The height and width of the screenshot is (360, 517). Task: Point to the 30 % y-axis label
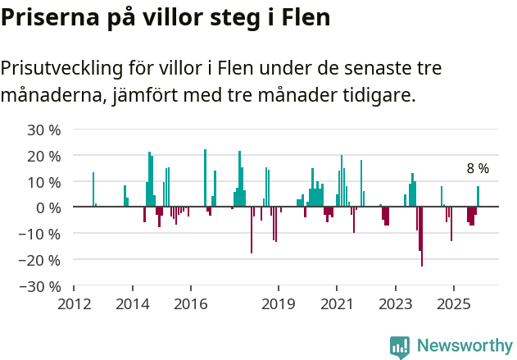[44, 130]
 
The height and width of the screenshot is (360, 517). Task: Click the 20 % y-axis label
[44, 156]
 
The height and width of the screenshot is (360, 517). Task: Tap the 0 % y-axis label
[49, 207]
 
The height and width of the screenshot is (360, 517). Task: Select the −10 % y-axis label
[41, 234]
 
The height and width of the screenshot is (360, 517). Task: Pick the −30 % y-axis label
[41, 286]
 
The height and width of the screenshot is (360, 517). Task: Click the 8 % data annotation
[478, 169]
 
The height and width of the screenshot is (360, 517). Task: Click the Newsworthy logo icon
[400, 347]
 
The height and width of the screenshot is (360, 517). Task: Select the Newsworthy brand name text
[465, 346]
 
